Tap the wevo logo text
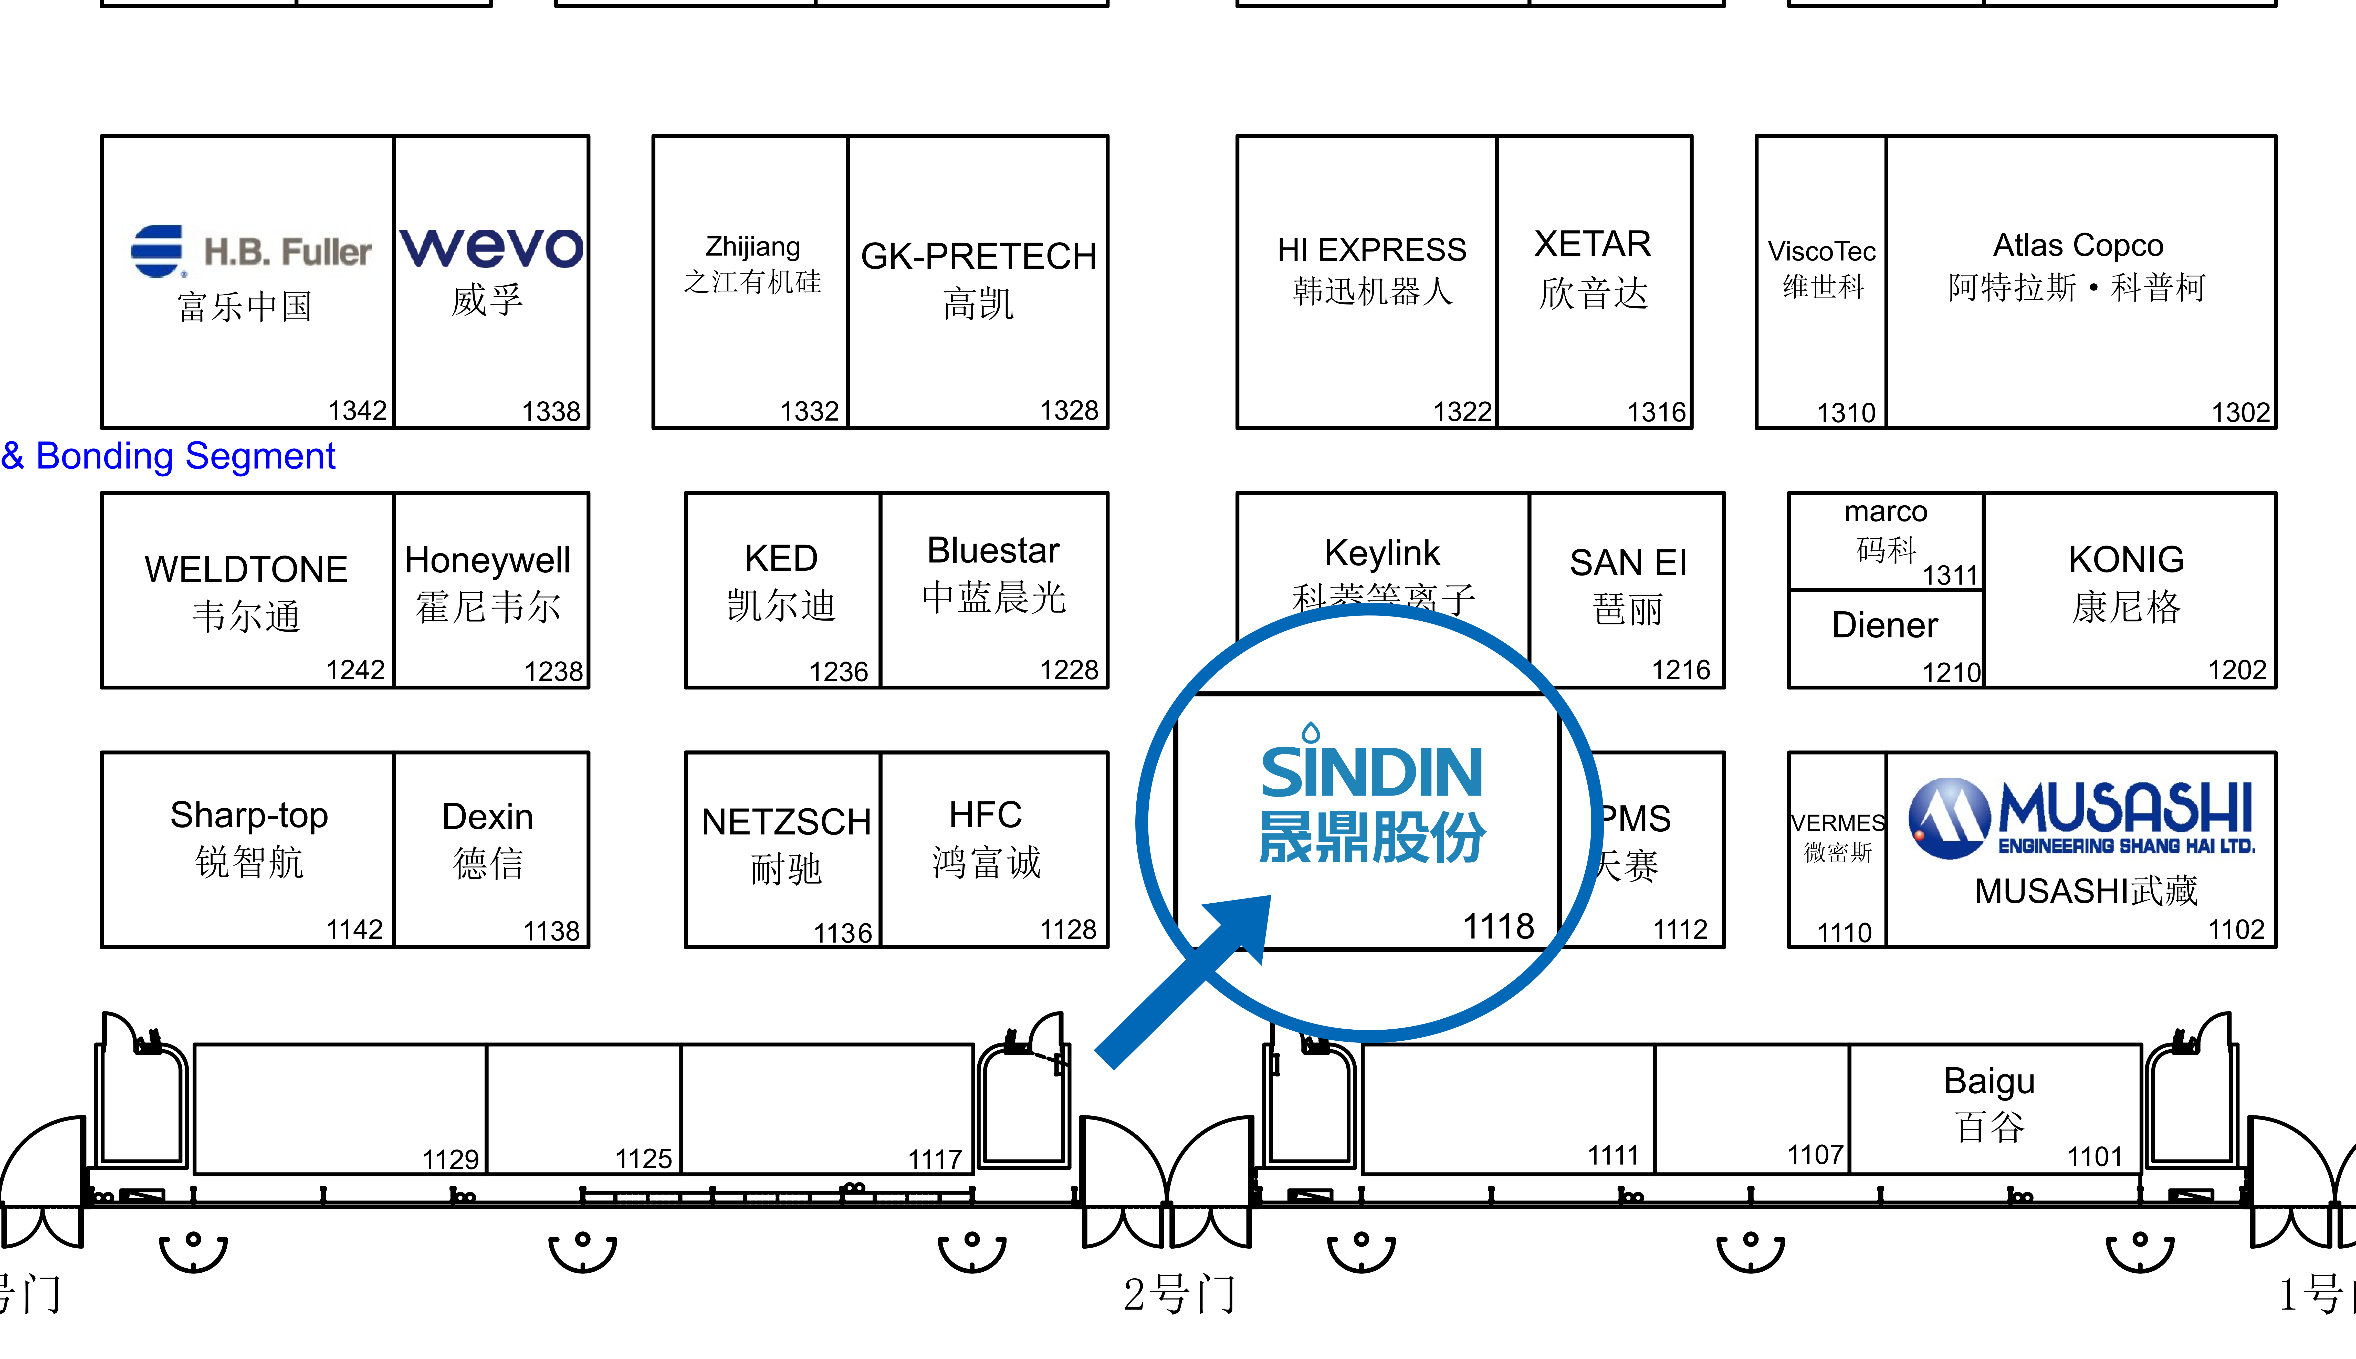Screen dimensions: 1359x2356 pyautogui.click(x=492, y=247)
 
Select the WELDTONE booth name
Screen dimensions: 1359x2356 pyautogui.click(x=246, y=569)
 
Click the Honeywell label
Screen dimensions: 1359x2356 pyautogui.click(x=487, y=560)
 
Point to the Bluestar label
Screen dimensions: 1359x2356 pyautogui.click(x=993, y=551)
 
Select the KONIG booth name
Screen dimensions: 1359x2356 pyautogui.click(x=2125, y=560)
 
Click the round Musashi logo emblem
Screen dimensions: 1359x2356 pyautogui.click(x=1948, y=818)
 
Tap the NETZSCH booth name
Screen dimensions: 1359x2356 pyautogui.click(x=786, y=822)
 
